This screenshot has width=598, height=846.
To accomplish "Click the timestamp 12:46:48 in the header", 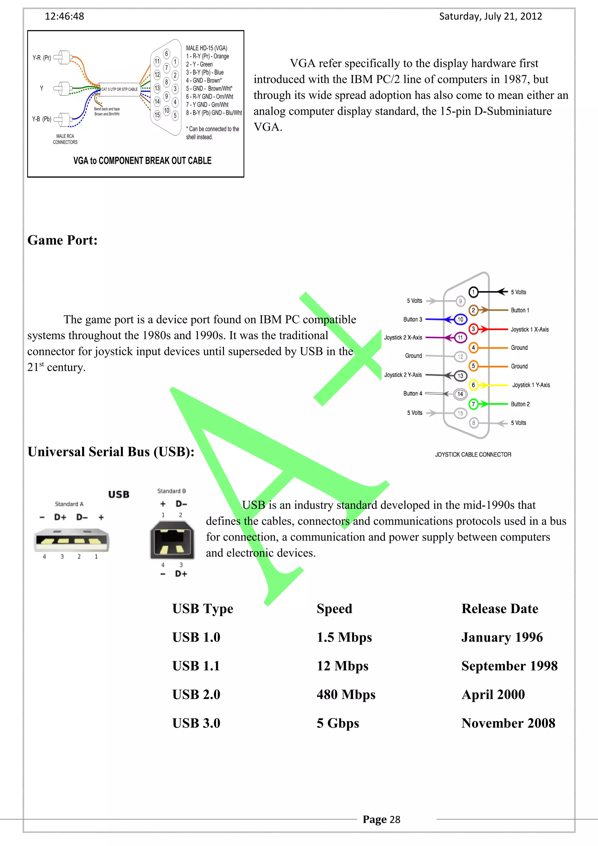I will pyautogui.click(x=65, y=16).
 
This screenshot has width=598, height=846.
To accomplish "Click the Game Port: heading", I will pyautogui.click(x=62, y=240).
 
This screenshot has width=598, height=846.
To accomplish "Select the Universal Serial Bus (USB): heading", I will pyautogui.click(x=111, y=452).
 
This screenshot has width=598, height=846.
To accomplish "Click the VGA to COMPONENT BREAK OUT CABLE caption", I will pyautogui.click(x=142, y=161).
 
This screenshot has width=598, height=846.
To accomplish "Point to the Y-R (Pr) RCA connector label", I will pyautogui.click(x=42, y=58).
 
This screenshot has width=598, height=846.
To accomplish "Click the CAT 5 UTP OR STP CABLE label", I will pyautogui.click(x=119, y=89).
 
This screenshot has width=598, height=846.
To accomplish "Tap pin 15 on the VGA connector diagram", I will pyautogui.click(x=157, y=115).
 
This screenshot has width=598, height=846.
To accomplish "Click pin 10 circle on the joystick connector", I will pyautogui.click(x=460, y=319).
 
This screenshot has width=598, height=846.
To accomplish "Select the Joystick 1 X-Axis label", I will pyautogui.click(x=529, y=329).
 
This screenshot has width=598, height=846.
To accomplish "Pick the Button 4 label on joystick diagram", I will pyautogui.click(x=413, y=394).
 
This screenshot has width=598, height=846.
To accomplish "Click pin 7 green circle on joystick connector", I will pyautogui.click(x=473, y=404).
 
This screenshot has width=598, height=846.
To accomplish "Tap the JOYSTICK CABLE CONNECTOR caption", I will pyautogui.click(x=473, y=455).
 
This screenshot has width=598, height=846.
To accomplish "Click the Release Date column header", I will pyautogui.click(x=500, y=609).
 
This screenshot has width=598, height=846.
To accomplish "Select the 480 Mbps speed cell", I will pyautogui.click(x=346, y=694).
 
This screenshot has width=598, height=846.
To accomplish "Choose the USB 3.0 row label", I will pyautogui.click(x=196, y=723).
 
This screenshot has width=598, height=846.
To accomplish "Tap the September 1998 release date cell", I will pyautogui.click(x=509, y=666).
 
